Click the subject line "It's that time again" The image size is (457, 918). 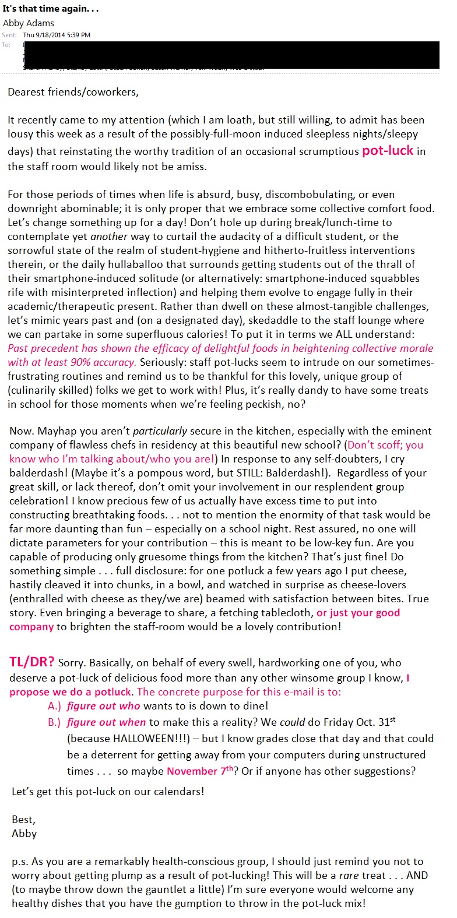point(50,9)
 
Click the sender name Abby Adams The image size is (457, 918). point(29,23)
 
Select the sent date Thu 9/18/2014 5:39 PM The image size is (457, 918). point(57,35)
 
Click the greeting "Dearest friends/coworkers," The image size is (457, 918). point(73,92)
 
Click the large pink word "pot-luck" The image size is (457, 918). point(388,150)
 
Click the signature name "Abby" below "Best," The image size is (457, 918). point(24,834)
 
